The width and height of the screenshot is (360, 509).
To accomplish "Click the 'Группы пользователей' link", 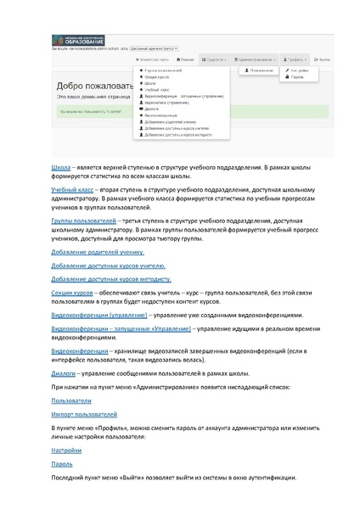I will pyautogui.click(x=84, y=221).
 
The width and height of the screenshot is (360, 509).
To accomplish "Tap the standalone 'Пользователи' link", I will pyautogui.click(x=72, y=400).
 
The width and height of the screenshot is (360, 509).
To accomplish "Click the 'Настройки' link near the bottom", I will pyautogui.click(x=66, y=450).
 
